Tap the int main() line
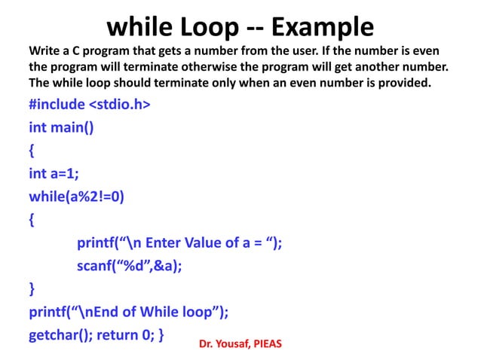(62, 127)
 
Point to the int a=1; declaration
(54, 173)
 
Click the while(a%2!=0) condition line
(77, 197)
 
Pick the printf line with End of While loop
(128, 311)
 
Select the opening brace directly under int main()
(31, 150)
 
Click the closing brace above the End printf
(31, 288)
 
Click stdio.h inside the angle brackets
(117, 104)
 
